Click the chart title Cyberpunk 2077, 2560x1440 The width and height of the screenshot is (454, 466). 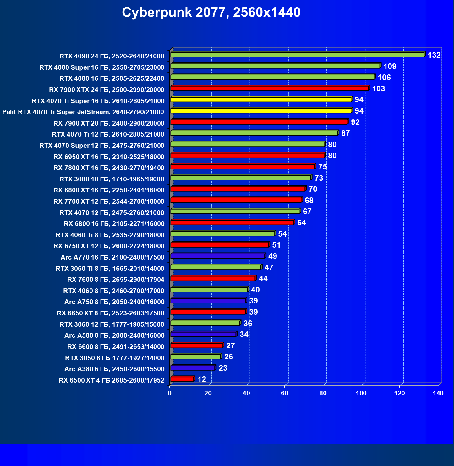[x=211, y=13]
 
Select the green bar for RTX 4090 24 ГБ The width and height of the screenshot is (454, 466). [x=297, y=55]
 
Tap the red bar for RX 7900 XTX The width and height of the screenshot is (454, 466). [x=269, y=88]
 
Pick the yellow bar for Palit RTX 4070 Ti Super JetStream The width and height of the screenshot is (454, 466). [x=261, y=111]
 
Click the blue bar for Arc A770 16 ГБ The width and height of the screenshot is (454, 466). [x=217, y=256]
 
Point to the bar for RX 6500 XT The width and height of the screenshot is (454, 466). [x=182, y=379]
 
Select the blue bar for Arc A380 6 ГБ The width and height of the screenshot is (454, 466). [x=193, y=368]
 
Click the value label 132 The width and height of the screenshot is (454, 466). [x=434, y=55]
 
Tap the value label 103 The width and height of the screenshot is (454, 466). [x=378, y=89]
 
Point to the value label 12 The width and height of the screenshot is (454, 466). [x=202, y=379]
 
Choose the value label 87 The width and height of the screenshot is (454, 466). [x=345, y=133]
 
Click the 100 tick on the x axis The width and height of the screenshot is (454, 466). [x=361, y=393]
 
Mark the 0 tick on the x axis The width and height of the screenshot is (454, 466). [x=170, y=393]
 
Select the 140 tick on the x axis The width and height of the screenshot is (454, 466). [x=438, y=393]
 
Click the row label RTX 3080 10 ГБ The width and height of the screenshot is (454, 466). [x=112, y=179]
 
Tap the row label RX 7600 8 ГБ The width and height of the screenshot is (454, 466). [x=116, y=280]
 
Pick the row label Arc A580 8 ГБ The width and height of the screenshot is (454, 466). [x=114, y=335]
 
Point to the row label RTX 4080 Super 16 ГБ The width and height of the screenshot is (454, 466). [x=102, y=67]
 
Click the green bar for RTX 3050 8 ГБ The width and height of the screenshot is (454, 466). [x=196, y=357]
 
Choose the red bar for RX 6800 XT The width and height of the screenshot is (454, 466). [x=238, y=189]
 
